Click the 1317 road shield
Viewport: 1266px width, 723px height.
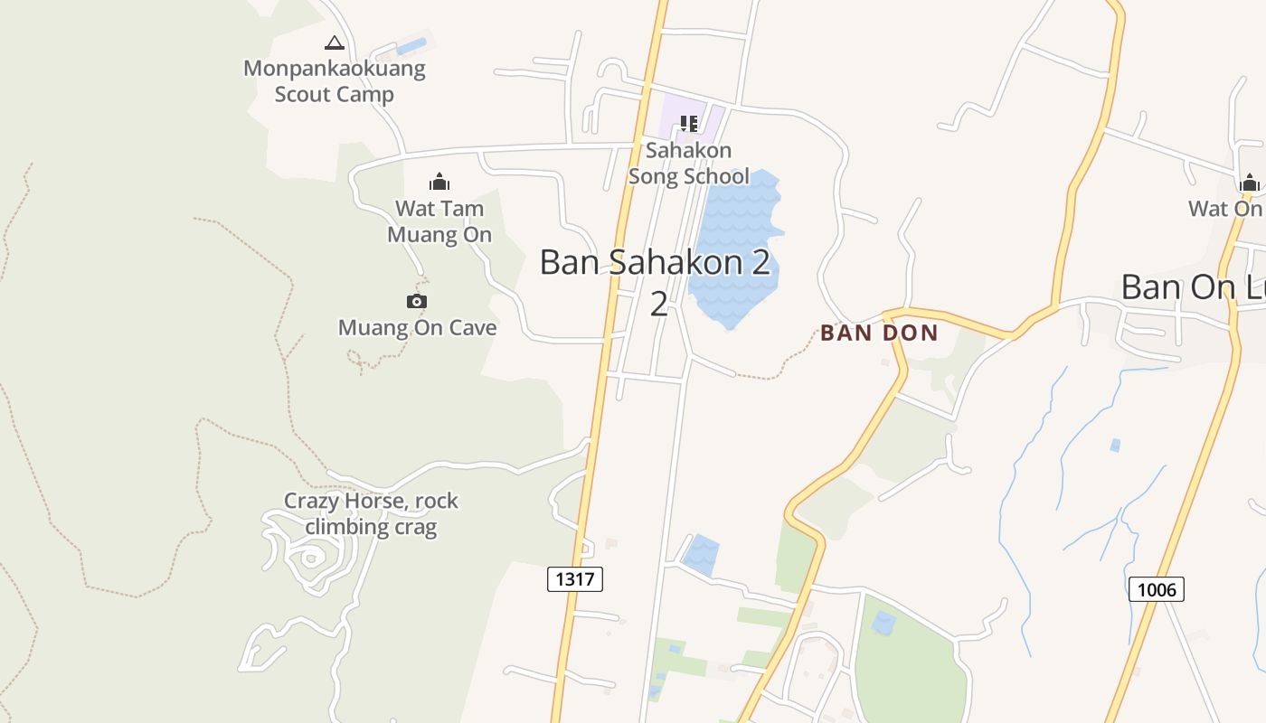coord(575,578)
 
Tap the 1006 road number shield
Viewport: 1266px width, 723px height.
coord(1156,590)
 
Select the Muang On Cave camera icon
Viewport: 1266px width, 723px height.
coord(416,301)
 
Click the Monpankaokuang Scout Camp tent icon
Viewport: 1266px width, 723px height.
coord(335,42)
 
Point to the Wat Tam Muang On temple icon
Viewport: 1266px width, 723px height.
coord(439,182)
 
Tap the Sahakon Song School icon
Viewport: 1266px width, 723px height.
coord(689,124)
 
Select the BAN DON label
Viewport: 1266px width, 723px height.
coord(879,333)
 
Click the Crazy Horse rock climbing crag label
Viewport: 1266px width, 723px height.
coord(371,513)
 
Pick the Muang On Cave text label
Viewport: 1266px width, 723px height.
coord(417,327)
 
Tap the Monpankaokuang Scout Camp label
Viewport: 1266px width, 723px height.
coord(335,81)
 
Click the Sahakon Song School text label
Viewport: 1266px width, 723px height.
coord(689,163)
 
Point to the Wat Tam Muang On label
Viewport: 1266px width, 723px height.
coord(439,221)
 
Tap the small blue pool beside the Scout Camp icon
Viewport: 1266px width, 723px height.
coord(411,45)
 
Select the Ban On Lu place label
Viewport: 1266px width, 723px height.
coord(1193,287)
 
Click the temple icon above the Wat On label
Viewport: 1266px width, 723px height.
coord(1250,183)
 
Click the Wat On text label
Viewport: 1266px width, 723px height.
coord(1225,209)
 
